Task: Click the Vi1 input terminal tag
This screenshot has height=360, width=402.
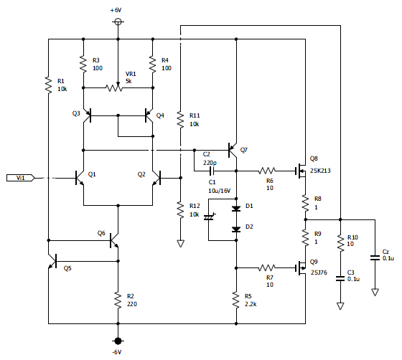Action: point(21,178)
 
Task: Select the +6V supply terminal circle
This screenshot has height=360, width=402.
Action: point(118,22)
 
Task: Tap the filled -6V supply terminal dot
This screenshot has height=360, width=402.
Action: point(118,341)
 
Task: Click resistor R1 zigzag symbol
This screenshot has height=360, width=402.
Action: point(48,85)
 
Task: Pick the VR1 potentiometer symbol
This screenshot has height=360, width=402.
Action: point(114,87)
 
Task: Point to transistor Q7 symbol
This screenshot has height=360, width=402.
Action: point(233,150)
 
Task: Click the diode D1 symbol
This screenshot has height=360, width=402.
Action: point(236,209)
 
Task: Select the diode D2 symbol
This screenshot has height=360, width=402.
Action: point(236,229)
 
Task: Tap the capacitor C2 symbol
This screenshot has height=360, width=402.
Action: point(212,171)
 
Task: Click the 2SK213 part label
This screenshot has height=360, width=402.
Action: point(320,171)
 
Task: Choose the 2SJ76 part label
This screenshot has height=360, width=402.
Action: point(319,273)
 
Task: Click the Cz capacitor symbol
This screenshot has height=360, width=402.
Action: point(375,257)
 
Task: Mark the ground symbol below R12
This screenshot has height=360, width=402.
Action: point(180,244)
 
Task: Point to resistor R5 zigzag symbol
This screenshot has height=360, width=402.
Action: point(236,300)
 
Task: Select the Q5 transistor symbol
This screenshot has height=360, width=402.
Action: point(53,261)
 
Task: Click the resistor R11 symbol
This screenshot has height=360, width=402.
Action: point(180,120)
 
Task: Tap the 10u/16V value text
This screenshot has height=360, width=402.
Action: point(219,191)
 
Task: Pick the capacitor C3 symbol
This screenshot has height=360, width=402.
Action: point(340,278)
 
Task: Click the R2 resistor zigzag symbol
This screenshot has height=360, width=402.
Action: point(118,300)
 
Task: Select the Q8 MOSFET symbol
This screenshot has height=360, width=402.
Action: point(301,171)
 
